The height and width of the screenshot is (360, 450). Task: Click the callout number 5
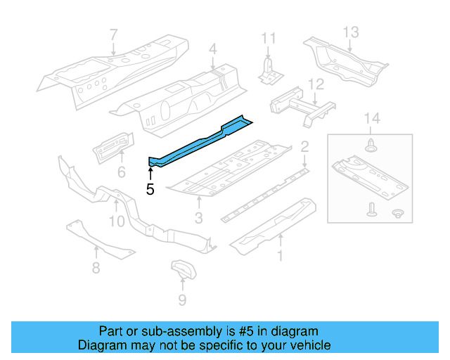(150, 188)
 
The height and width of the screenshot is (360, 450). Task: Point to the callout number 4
(212, 49)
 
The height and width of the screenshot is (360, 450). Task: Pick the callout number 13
(350, 32)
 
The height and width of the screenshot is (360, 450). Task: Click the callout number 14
(372, 119)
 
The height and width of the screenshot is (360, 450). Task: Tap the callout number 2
(304, 146)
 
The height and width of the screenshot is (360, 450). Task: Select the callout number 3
(198, 219)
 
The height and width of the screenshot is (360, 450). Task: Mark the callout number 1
(281, 256)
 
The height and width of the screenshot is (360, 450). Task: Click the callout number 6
(121, 172)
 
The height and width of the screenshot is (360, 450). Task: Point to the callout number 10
(117, 221)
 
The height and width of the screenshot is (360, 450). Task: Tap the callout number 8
(96, 267)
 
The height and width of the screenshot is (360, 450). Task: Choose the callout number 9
(182, 301)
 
